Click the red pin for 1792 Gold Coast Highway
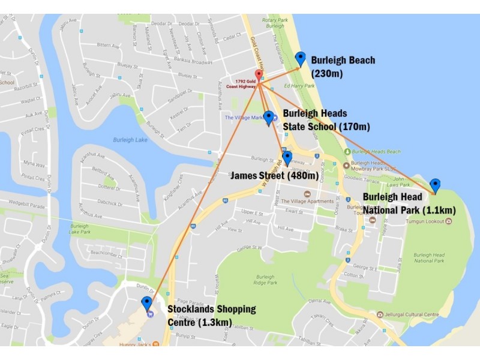[x=259, y=75]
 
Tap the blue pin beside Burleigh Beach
[x=301, y=58]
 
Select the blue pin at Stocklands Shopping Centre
[x=146, y=302]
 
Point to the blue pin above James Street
[x=287, y=157]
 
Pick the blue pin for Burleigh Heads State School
[x=269, y=117]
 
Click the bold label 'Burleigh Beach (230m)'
[x=343, y=67]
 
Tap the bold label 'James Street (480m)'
[x=274, y=176]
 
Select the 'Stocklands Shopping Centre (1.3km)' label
[x=211, y=316]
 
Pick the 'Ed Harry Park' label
[x=299, y=86]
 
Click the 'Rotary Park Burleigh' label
[x=275, y=23]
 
